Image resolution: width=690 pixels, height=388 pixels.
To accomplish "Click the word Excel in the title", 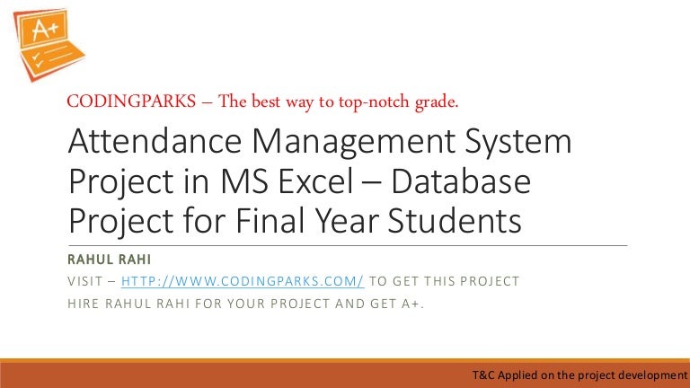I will click(326, 182).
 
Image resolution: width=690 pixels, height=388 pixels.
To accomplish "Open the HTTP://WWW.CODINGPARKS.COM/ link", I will click(243, 281).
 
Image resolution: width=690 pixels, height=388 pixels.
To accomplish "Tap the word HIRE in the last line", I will click(84, 303).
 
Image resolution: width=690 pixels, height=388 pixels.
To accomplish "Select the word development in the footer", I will click(650, 374).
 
